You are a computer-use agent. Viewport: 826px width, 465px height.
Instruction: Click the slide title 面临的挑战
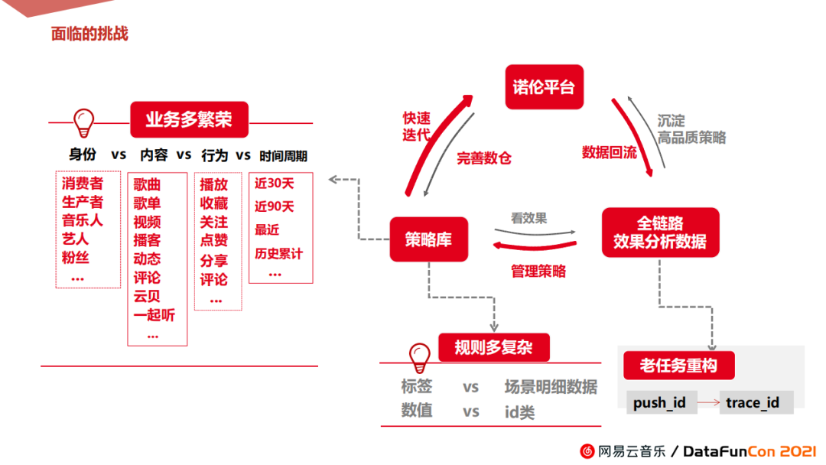coord(89,34)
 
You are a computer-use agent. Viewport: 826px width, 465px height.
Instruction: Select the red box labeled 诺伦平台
coord(544,86)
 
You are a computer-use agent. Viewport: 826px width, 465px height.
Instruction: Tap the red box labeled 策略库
coord(428,239)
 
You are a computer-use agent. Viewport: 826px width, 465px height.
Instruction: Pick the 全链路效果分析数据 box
coord(660,232)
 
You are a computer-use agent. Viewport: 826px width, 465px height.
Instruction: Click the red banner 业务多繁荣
coord(188,119)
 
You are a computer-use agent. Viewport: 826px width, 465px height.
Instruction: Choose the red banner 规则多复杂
coord(494,348)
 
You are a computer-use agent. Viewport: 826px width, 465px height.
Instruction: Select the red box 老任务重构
coord(678,366)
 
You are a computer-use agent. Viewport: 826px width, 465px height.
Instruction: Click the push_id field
coord(659,402)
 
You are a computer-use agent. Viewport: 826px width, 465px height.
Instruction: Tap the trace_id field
coord(753,402)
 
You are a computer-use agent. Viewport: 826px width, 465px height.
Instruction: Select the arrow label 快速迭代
coord(417,126)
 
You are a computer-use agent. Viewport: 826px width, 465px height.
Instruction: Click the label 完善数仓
coord(483,159)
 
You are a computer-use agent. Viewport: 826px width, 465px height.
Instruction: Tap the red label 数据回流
coord(609,152)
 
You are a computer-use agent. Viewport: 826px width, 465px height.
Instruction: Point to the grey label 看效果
coord(529,218)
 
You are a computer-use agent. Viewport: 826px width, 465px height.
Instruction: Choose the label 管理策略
coord(538,271)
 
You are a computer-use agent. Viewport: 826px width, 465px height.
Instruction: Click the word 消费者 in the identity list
coord(83,184)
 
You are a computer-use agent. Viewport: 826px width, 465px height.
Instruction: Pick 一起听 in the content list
coord(154,315)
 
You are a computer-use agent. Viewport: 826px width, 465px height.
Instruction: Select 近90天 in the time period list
coord(274,206)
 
